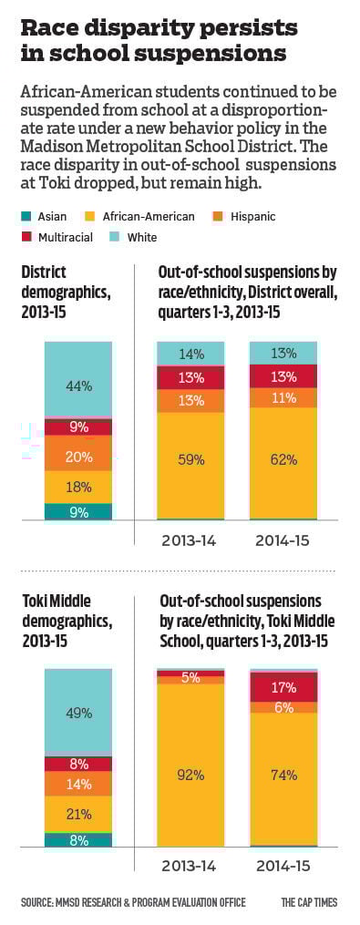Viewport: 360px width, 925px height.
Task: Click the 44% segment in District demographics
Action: (x=77, y=385)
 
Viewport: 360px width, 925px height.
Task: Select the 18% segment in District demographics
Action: (x=77, y=487)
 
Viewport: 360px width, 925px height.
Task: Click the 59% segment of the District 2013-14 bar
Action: (x=190, y=459)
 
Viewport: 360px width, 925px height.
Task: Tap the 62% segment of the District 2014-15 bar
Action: (x=283, y=459)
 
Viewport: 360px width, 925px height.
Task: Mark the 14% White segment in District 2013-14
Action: (x=190, y=354)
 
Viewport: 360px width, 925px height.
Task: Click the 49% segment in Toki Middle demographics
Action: (x=77, y=712)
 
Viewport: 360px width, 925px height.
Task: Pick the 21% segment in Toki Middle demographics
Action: (x=77, y=814)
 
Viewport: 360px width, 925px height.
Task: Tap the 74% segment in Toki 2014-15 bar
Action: (x=283, y=776)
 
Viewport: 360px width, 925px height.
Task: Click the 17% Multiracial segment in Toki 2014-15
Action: (x=283, y=687)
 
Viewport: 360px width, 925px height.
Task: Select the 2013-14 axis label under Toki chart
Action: (x=190, y=864)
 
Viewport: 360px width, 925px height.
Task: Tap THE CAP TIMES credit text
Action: (x=309, y=902)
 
